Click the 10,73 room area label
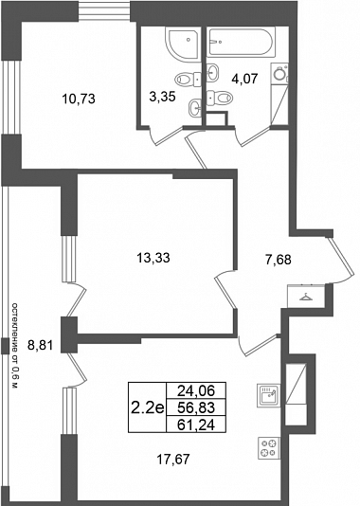[x=79, y=99]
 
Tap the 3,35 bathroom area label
[x=162, y=97]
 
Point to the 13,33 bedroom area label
[x=153, y=258]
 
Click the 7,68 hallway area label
[x=279, y=259]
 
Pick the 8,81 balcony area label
[x=40, y=346]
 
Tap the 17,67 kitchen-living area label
[x=173, y=460]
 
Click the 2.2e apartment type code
[x=148, y=407]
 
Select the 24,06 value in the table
[x=196, y=390]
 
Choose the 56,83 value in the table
[x=196, y=407]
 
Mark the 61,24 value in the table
[x=196, y=425]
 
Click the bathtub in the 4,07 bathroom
[x=241, y=42]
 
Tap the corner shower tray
[x=183, y=43]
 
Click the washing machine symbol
[x=279, y=74]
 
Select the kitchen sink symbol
[x=268, y=395]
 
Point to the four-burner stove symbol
[x=269, y=448]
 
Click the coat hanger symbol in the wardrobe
[x=305, y=297]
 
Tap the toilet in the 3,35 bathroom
[x=188, y=79]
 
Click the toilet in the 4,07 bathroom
[x=219, y=97]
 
